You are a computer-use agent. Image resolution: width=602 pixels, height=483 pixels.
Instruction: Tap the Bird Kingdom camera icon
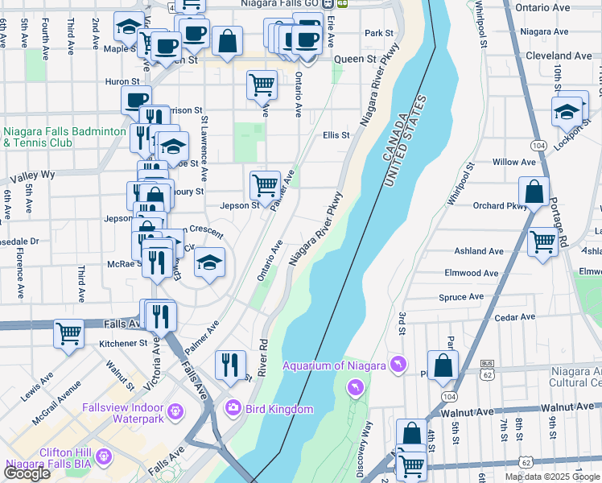click(233, 409)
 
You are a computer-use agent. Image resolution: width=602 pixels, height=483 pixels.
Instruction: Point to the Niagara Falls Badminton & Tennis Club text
click(64, 137)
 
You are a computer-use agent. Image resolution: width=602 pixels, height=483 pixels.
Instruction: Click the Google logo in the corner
click(27, 473)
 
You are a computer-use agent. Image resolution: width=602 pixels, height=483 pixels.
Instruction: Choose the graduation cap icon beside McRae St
click(209, 262)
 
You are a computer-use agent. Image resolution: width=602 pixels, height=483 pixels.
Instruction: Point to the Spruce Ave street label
click(461, 297)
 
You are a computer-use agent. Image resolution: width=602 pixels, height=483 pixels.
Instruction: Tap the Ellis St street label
click(336, 135)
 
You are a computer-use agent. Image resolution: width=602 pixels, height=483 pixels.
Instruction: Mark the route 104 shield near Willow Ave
click(538, 144)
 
